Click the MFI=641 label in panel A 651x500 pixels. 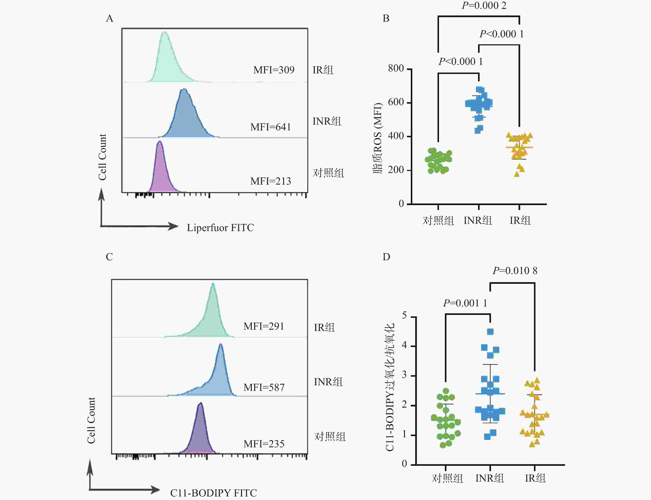coord(271,127)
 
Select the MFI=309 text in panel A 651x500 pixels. coord(274,70)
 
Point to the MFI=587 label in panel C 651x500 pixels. coord(264,388)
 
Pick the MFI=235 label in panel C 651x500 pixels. coord(264,444)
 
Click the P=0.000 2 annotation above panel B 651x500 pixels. coord(484,6)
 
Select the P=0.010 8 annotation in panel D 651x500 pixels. coord(515,271)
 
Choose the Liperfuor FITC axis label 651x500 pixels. coord(220,228)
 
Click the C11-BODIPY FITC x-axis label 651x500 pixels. coord(213,493)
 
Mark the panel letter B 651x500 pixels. coord(386,18)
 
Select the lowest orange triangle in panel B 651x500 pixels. coord(517,174)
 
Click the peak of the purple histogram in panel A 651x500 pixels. coord(160,142)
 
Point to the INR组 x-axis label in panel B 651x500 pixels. coord(478,221)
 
